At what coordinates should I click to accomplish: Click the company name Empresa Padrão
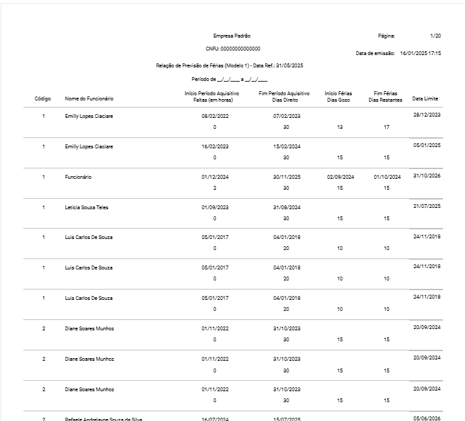(x=232, y=36)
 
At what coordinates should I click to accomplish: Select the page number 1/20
(x=435, y=36)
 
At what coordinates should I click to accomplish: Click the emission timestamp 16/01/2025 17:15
(x=420, y=53)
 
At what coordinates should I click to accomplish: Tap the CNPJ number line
(x=232, y=49)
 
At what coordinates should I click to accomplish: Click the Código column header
(x=43, y=98)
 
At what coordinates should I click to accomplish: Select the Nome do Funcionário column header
(x=89, y=98)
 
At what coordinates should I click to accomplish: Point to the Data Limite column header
(x=425, y=98)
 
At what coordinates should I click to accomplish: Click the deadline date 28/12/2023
(x=427, y=115)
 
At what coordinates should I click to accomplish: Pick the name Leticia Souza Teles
(x=89, y=207)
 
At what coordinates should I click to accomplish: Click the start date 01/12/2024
(x=215, y=177)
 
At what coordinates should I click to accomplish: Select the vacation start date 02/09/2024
(x=340, y=177)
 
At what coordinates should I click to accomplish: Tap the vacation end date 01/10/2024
(x=387, y=177)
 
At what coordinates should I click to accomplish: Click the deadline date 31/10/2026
(x=427, y=176)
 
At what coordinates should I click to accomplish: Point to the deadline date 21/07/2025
(x=427, y=206)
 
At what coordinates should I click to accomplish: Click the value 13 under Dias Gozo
(x=340, y=127)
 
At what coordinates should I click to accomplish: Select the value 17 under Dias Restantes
(x=387, y=127)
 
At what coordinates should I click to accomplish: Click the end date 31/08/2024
(x=286, y=207)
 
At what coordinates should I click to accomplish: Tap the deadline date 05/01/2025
(x=427, y=145)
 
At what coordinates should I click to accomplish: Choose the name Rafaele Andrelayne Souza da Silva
(x=103, y=418)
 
